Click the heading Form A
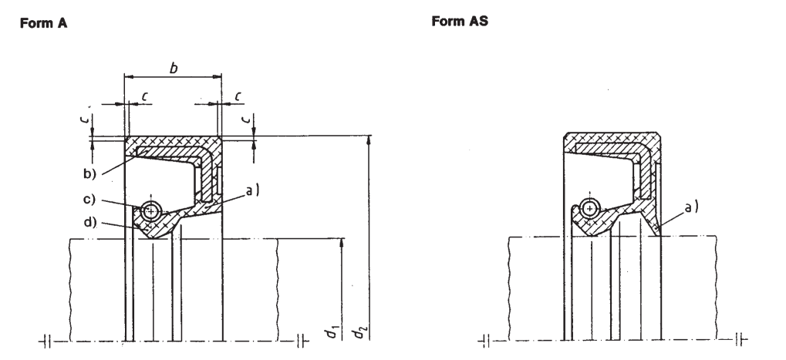(44, 23)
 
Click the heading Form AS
(460, 21)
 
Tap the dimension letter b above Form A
(174, 68)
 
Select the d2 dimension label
(360, 331)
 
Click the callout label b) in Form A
(90, 173)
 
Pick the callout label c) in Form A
(90, 200)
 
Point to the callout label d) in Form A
(90, 222)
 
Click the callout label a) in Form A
(252, 190)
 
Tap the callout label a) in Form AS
(691, 206)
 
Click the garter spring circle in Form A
(151, 210)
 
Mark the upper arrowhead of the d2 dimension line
(369, 140)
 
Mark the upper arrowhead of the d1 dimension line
(342, 243)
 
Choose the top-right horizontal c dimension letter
(238, 95)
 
